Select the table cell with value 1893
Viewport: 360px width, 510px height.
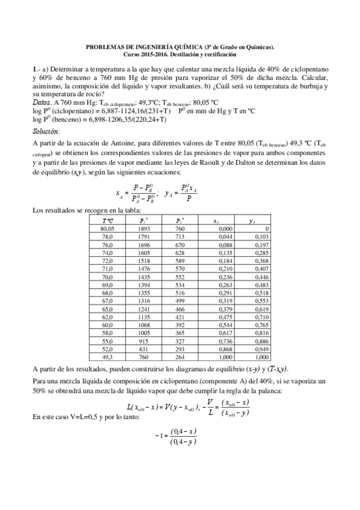pyautogui.click(x=142, y=229)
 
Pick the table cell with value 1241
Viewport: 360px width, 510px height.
pyautogui.click(x=142, y=308)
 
